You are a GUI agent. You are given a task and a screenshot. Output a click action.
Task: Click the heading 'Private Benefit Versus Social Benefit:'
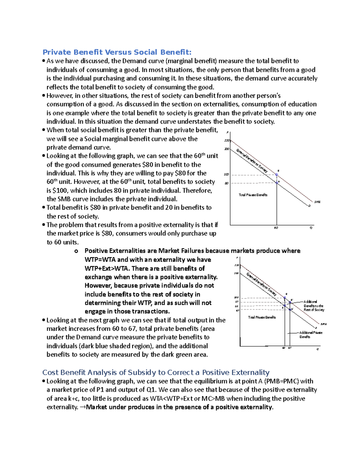[117, 52]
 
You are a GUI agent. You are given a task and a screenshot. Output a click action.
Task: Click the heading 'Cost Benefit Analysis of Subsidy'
[156, 372]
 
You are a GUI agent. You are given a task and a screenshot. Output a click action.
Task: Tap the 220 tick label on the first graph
[227, 140]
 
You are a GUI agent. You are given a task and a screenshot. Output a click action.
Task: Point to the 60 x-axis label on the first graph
[276, 228]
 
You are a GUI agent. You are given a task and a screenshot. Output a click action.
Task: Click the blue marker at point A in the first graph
[277, 182]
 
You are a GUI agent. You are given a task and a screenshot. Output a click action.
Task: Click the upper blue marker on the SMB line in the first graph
[277, 174]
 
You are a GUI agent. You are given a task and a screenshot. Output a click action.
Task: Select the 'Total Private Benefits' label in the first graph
[253, 195]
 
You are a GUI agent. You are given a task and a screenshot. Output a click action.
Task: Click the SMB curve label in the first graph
[317, 202]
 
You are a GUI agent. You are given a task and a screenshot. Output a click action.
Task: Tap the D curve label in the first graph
[309, 206]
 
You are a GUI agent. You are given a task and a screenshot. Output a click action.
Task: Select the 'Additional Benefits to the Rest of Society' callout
[313, 306]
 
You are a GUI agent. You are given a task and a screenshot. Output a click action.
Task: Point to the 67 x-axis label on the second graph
[290, 348]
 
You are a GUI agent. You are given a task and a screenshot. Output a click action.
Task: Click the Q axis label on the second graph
[318, 349]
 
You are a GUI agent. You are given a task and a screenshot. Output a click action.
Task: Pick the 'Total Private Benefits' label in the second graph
[262, 317]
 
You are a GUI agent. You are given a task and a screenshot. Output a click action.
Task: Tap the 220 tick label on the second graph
[237, 265]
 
